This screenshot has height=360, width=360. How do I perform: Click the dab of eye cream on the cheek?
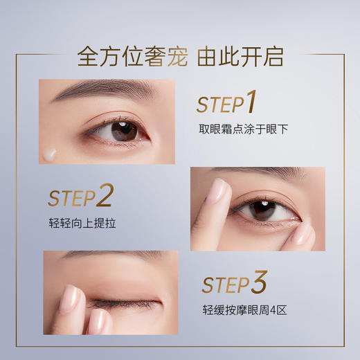pos(50,154)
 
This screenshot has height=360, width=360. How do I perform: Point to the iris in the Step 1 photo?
pos(124,129)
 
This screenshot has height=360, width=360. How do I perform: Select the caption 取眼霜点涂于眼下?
pos(243,129)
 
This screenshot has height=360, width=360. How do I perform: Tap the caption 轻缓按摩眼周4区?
pos(244,309)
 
